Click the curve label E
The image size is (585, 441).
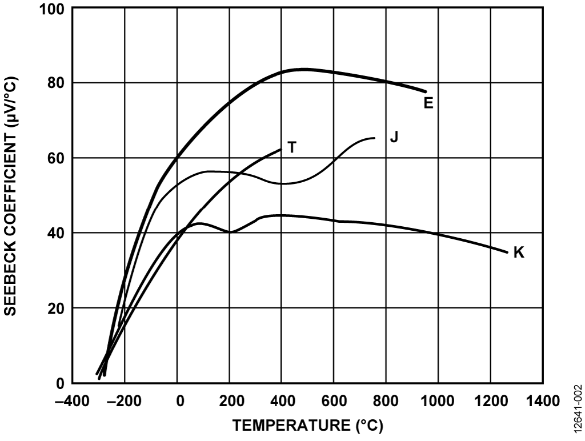(428, 103)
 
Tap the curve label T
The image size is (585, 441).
(292, 147)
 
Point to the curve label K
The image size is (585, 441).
(519, 252)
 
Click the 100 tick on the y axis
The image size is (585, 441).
(56, 10)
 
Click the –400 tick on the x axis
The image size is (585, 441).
(73, 399)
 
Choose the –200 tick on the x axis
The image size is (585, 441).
(125, 399)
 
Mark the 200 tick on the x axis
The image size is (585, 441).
(230, 399)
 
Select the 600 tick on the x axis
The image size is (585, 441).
(334, 399)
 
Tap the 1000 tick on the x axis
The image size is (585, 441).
(438, 399)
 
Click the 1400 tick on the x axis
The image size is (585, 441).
(543, 399)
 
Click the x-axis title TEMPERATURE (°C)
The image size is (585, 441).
(308, 426)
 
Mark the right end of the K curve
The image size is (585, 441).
(507, 252)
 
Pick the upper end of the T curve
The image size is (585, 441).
(281, 150)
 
